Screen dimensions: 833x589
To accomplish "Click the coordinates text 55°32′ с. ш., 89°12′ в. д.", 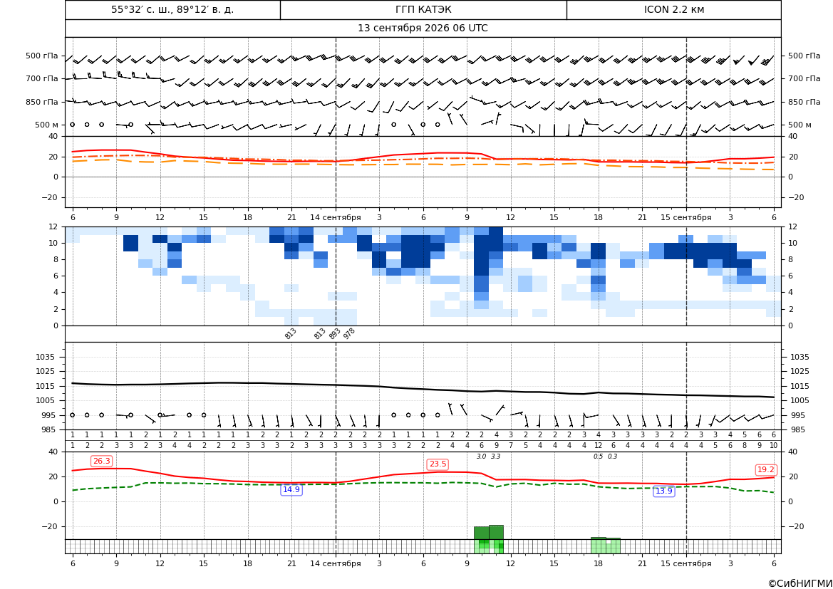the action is (172, 9).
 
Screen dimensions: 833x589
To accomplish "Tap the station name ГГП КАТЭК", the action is (423, 9).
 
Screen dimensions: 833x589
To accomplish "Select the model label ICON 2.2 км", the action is (673, 9).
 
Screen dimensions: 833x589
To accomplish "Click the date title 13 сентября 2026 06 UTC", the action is (423, 28).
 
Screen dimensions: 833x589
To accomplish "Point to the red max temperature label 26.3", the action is (101, 461).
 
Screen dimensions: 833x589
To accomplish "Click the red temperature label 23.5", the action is (438, 464).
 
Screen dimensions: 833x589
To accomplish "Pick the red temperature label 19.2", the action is (765, 469).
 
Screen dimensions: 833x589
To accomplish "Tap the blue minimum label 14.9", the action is (291, 490).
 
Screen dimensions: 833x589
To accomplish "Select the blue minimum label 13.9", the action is (663, 491).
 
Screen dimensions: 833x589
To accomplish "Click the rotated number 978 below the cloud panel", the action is (348, 333).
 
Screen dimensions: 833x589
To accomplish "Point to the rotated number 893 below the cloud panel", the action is (334, 333).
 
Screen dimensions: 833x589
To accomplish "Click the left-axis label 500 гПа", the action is (41, 56).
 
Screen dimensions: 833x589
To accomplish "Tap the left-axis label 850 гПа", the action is (41, 102).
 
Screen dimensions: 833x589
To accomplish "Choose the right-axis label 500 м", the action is (800, 125).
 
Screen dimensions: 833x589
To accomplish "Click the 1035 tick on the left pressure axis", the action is (50, 357).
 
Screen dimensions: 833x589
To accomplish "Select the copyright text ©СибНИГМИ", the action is (800, 583).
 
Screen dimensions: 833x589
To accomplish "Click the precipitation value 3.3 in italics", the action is (496, 457).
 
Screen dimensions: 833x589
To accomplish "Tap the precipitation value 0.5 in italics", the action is (598, 457).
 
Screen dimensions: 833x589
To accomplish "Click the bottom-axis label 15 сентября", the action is (685, 563).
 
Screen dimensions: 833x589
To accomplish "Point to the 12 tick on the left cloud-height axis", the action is (53, 226).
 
